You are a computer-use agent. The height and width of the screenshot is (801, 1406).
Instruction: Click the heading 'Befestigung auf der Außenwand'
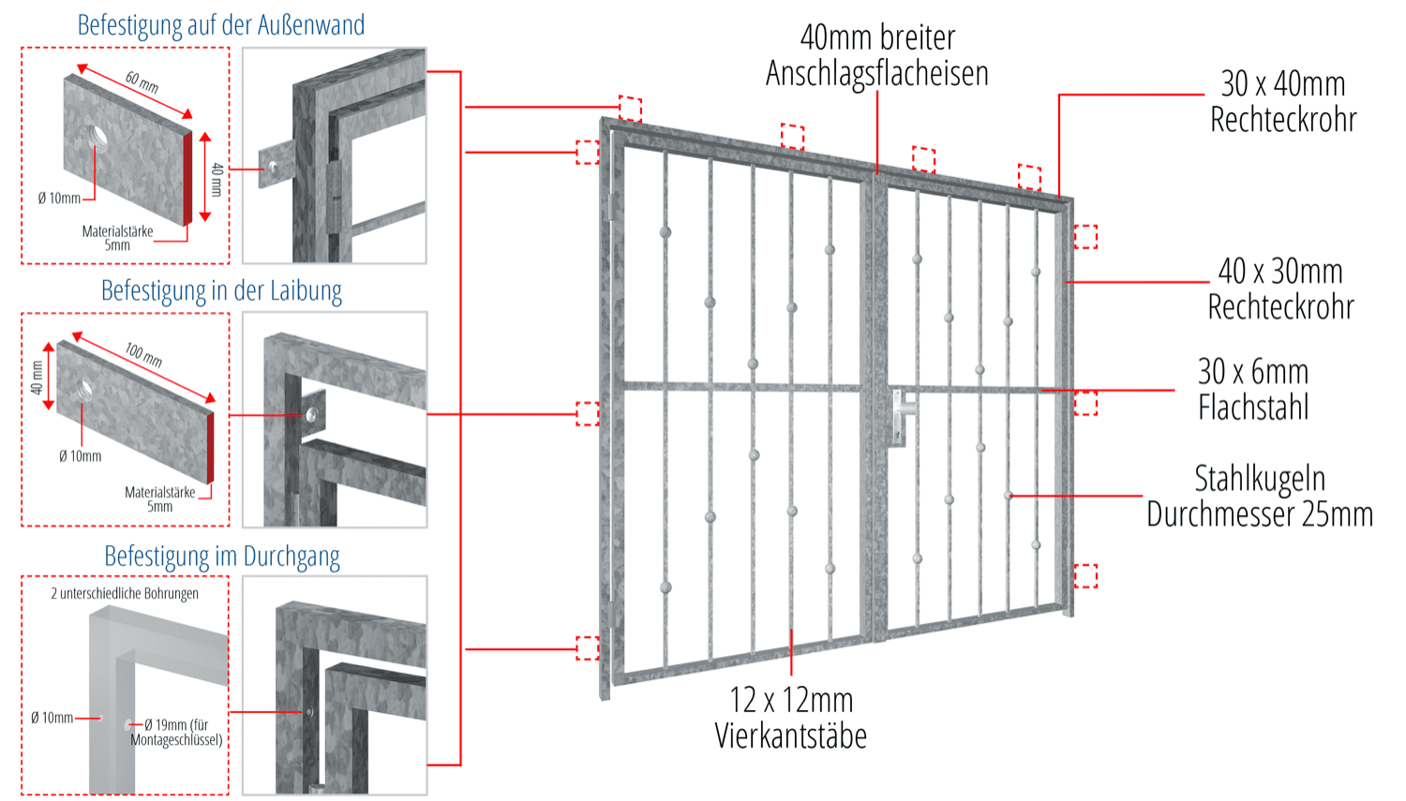tap(221, 25)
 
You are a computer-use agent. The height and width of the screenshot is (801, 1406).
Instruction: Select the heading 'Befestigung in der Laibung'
tap(221, 290)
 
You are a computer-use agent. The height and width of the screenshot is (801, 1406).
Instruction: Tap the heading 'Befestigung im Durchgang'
tap(221, 556)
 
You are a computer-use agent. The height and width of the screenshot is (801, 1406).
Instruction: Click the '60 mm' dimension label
tap(142, 82)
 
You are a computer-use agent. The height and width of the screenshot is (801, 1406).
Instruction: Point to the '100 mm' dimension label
tap(143, 355)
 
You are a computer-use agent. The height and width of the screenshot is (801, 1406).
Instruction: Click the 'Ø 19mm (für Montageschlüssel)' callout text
tap(177, 732)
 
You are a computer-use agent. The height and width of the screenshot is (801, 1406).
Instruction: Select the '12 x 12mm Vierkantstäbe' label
tap(790, 718)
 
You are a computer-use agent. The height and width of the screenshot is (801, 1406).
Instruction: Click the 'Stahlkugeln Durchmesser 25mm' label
tap(1259, 497)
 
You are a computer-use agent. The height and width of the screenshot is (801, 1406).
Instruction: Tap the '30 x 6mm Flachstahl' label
tap(1253, 390)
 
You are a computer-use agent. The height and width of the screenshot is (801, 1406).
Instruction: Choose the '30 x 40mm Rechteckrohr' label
tap(1283, 101)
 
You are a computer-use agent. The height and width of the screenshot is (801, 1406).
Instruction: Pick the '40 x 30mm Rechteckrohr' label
tap(1280, 289)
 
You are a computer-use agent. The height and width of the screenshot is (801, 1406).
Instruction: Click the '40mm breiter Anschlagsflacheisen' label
tap(877, 55)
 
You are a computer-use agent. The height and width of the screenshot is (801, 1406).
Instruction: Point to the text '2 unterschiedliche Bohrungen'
tap(125, 593)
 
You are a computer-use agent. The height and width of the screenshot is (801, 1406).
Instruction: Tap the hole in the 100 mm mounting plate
tap(84, 386)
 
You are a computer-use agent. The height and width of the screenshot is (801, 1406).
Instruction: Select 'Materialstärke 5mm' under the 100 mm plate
tap(160, 498)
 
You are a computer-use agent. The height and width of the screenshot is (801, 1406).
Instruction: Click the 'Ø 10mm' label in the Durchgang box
tap(52, 718)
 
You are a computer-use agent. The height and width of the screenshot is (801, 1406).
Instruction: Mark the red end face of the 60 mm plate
tap(187, 178)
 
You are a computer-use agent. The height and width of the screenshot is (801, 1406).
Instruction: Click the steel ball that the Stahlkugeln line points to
tap(1009, 496)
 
